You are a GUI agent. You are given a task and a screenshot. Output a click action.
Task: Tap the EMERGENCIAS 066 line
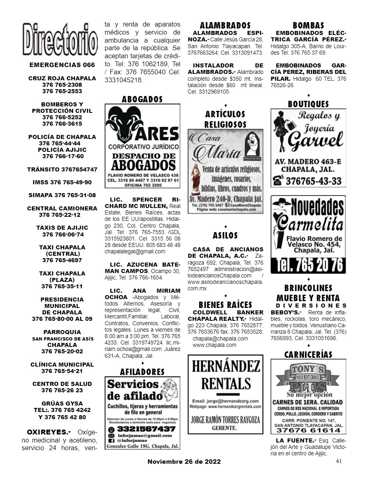62,65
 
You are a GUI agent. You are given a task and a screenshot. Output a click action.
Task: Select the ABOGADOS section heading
142,99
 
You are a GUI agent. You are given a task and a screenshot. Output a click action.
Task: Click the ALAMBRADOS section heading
225,26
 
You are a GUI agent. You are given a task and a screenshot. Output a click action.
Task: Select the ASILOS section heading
225,235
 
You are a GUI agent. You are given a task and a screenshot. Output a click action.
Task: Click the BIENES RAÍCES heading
225,305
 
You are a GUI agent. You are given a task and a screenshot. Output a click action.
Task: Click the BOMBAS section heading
308,26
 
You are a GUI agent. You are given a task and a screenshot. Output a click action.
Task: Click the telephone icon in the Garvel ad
277,181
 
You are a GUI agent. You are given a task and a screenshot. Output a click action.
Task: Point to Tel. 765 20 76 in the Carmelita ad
308,265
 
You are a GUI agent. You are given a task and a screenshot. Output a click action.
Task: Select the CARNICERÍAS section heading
308,355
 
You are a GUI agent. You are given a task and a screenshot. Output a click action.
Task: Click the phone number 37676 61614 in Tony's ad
308,430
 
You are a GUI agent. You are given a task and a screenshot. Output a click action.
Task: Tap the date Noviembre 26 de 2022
184,462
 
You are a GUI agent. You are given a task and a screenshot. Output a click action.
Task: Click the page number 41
339,461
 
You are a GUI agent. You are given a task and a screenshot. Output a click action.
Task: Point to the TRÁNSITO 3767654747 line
62,169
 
